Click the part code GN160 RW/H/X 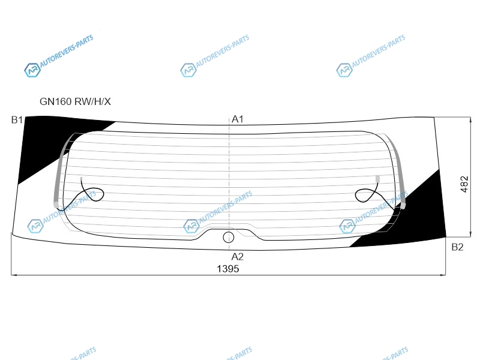[x=75, y=101]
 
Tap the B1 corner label [x=17, y=119]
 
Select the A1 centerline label [x=238, y=119]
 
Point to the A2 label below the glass [x=238, y=257]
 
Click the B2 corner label [x=457, y=247]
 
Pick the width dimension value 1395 [x=228, y=269]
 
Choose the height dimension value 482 [x=464, y=184]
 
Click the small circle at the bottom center [x=229, y=237]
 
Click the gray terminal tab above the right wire [x=377, y=179]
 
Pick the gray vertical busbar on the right [x=398, y=172]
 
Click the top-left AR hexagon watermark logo [x=32, y=70]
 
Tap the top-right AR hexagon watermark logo [x=344, y=70]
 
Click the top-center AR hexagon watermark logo [x=188, y=70]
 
